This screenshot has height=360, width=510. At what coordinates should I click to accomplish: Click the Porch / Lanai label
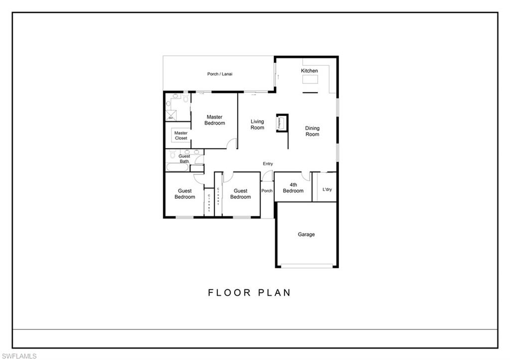(220, 74)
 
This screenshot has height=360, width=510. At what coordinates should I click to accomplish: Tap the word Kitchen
(309, 71)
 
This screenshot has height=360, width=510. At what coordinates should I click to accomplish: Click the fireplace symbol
(282, 122)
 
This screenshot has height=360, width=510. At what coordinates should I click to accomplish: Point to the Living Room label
(257, 124)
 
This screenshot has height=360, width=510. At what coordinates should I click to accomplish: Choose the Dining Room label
(312, 131)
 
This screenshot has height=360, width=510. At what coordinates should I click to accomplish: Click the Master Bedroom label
(215, 120)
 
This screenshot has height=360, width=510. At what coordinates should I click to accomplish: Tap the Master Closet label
(181, 135)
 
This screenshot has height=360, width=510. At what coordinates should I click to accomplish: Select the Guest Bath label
(184, 159)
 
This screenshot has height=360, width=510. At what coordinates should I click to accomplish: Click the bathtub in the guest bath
(177, 168)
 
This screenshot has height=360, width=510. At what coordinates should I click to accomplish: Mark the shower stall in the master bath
(171, 116)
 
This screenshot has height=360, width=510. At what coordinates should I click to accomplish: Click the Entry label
(268, 164)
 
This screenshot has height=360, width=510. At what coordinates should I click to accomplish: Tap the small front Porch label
(267, 191)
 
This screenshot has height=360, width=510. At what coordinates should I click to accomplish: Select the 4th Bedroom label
(293, 188)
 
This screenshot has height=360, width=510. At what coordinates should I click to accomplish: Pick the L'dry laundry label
(327, 189)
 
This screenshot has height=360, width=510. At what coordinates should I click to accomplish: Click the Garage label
(306, 235)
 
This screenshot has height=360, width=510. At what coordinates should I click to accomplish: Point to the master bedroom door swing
(232, 144)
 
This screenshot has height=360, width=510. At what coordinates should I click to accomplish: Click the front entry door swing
(267, 176)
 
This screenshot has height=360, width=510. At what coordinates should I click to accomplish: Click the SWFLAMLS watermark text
(19, 356)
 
